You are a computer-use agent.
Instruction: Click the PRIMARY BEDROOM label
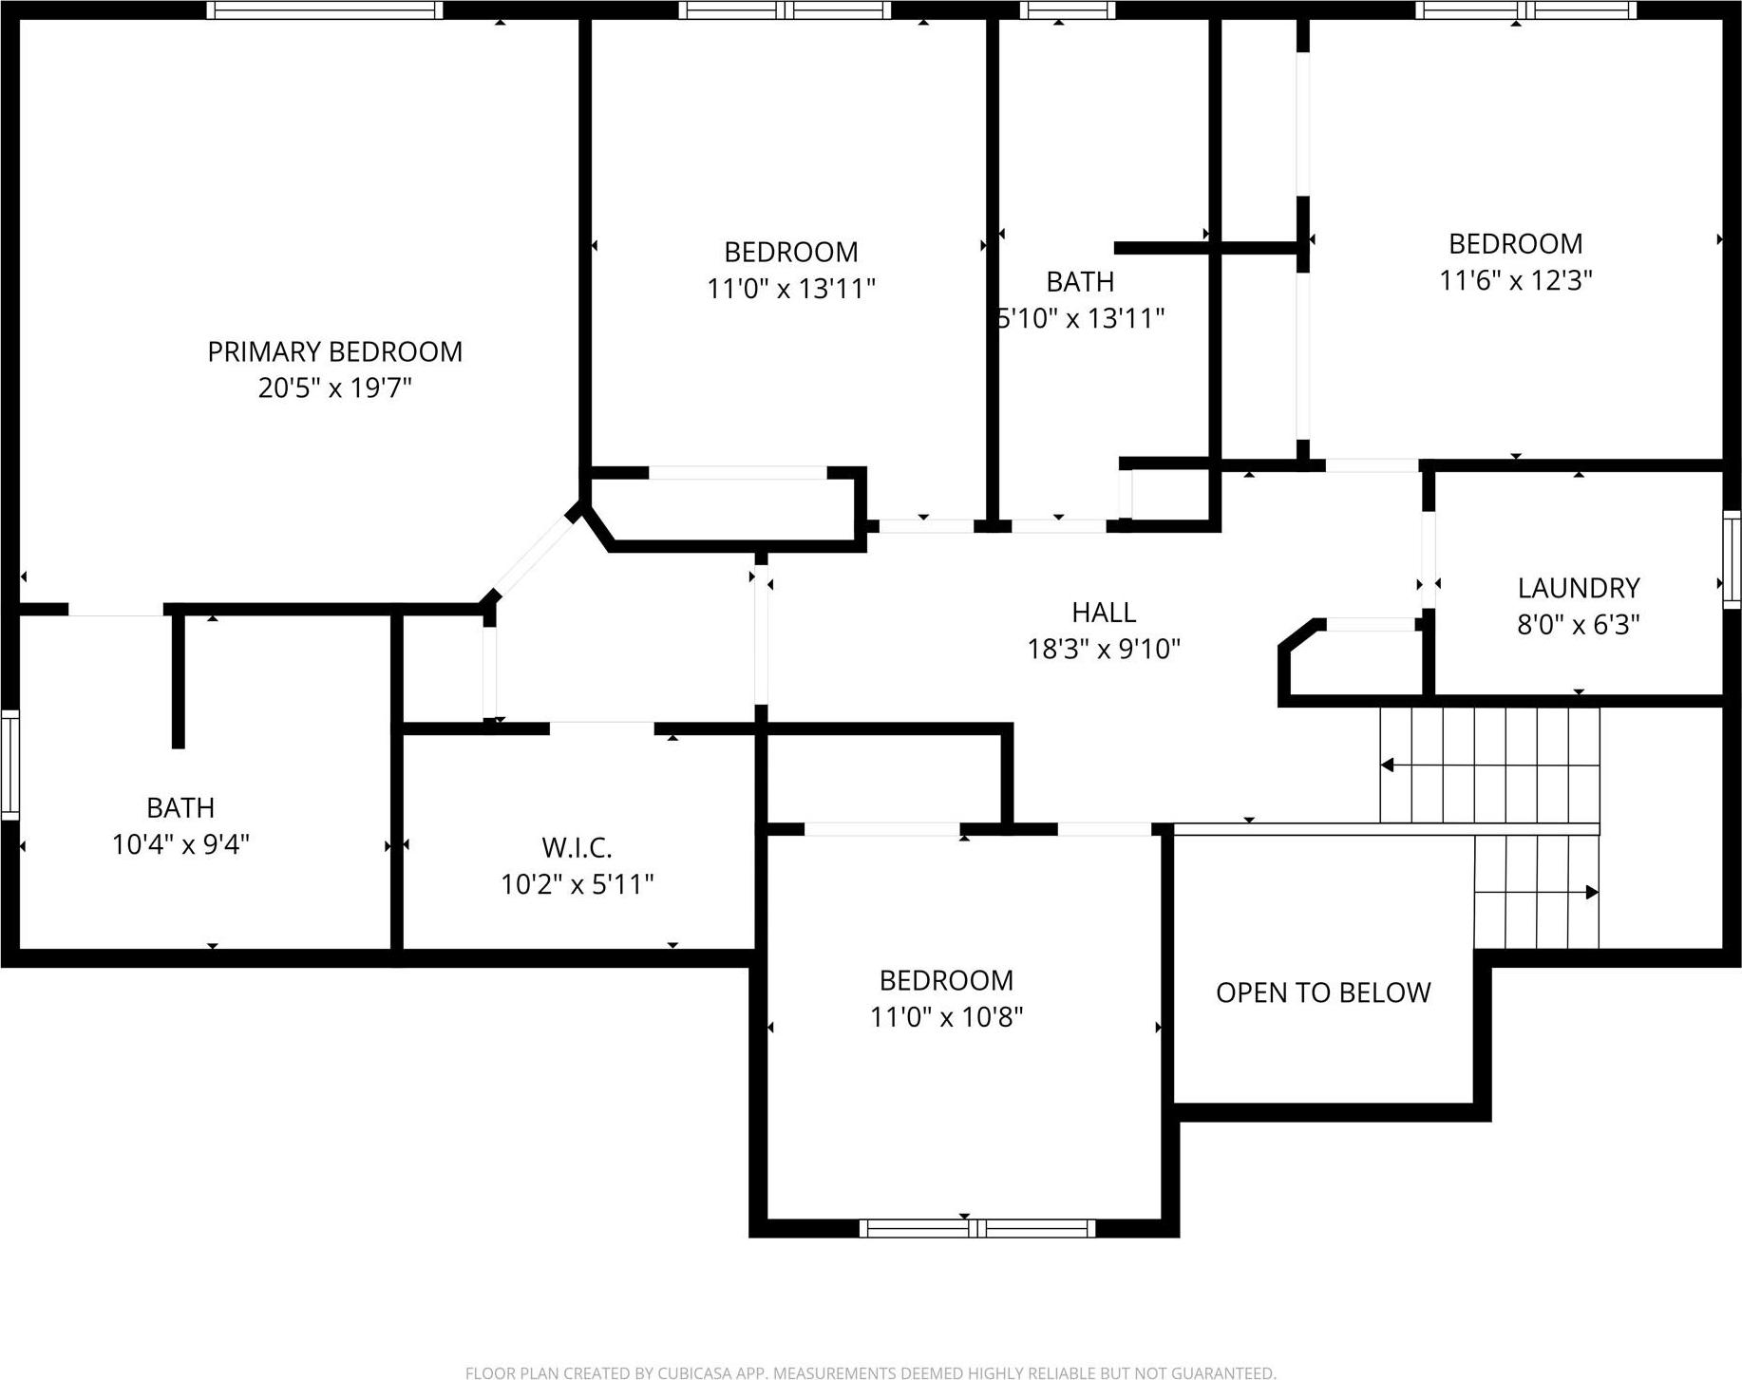click(334, 351)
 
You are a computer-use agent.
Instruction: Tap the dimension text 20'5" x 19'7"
click(334, 388)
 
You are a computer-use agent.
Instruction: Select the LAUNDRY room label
click(1578, 588)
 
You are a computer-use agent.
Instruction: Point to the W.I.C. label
click(577, 846)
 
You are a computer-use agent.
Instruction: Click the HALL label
click(1103, 612)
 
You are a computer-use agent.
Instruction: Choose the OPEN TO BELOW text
click(1322, 992)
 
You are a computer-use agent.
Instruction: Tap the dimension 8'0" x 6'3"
click(1578, 625)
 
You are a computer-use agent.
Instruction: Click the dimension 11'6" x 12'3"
click(1515, 280)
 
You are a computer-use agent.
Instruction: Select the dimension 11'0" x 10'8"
click(946, 1017)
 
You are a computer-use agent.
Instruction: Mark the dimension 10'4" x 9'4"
click(180, 844)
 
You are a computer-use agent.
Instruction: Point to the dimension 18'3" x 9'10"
click(1103, 649)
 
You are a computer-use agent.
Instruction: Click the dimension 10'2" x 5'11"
click(577, 884)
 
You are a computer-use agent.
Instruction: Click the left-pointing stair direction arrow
click(1389, 765)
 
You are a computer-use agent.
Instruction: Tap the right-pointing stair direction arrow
click(1591, 892)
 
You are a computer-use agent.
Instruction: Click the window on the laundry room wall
click(1731, 559)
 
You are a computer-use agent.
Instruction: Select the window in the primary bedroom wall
click(325, 10)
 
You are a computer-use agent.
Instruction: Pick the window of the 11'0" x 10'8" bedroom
click(976, 1227)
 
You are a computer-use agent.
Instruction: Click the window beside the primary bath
click(9, 765)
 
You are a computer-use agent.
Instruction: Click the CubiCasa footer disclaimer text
click(870, 1372)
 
